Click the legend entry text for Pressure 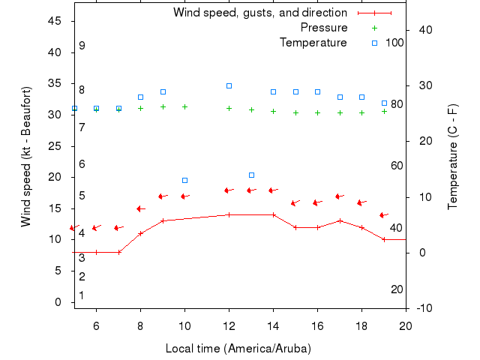tap(324, 28)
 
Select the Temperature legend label tap(313, 43)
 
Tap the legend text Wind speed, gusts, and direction tap(259, 13)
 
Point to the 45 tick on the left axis tap(55, 21)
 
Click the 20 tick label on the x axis tap(406, 325)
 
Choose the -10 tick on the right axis tap(423, 308)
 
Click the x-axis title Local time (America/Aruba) tap(238, 349)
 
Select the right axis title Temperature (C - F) tap(453, 157)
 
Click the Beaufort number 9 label tap(82, 46)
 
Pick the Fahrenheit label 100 tap(394, 43)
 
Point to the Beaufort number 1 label tap(82, 295)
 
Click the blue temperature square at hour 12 tap(229, 86)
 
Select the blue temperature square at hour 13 tap(251, 175)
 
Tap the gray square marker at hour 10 tap(184, 180)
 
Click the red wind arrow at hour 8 tap(139, 208)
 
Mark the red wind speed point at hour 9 tap(163, 220)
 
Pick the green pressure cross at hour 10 tap(184, 106)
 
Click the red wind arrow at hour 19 tap(383, 215)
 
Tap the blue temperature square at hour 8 tap(140, 97)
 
